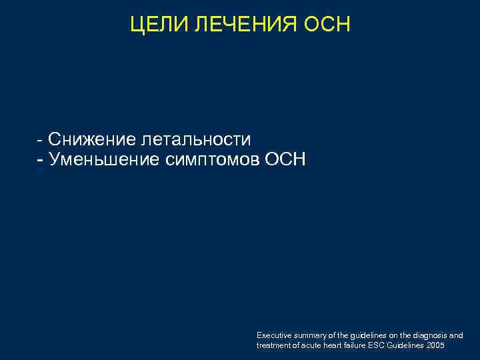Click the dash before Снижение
(x=40, y=141)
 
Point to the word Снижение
(x=92, y=139)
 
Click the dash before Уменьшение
(x=40, y=161)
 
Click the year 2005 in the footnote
(x=436, y=345)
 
